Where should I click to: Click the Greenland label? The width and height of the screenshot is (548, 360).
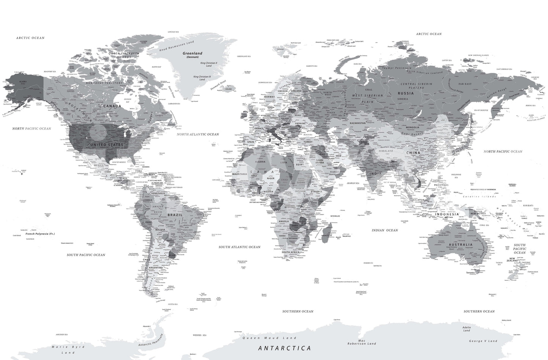click(192, 53)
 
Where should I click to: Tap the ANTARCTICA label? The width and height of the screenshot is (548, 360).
click(284, 348)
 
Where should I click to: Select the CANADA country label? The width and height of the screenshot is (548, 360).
click(113, 106)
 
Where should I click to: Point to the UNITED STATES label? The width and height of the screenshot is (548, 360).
click(106, 145)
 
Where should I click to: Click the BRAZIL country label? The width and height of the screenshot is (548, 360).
click(175, 215)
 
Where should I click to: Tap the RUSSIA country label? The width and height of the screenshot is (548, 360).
click(405, 93)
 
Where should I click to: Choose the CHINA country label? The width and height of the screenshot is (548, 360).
click(413, 152)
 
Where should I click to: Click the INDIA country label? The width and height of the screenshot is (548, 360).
click(375, 174)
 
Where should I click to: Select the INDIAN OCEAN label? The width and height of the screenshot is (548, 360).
click(385, 230)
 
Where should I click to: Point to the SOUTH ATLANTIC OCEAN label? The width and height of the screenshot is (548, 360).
click(239, 247)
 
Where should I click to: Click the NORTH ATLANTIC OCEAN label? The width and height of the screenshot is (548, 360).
click(198, 134)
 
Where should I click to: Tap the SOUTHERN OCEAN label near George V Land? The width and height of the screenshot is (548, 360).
click(479, 311)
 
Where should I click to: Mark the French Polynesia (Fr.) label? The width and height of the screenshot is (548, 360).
click(40, 234)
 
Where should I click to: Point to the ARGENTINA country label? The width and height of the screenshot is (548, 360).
click(156, 268)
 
